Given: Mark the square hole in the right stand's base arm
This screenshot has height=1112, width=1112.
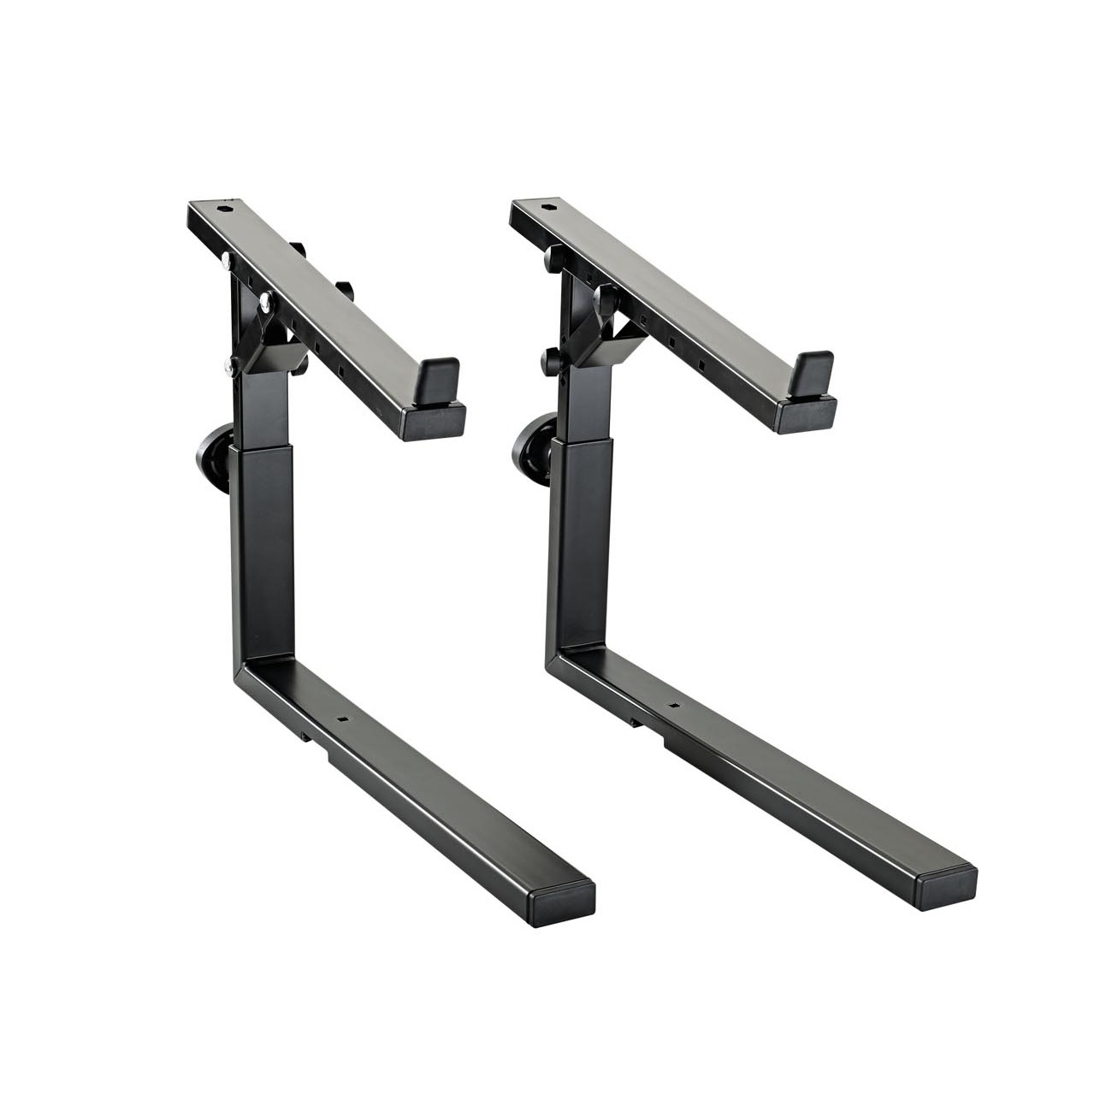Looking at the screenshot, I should (x=671, y=707).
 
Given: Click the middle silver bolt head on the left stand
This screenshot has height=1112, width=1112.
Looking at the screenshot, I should (x=266, y=300).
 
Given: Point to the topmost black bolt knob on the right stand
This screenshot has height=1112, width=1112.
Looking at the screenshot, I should (x=553, y=255).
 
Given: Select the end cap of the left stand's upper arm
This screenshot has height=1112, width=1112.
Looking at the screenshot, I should (x=438, y=423).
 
